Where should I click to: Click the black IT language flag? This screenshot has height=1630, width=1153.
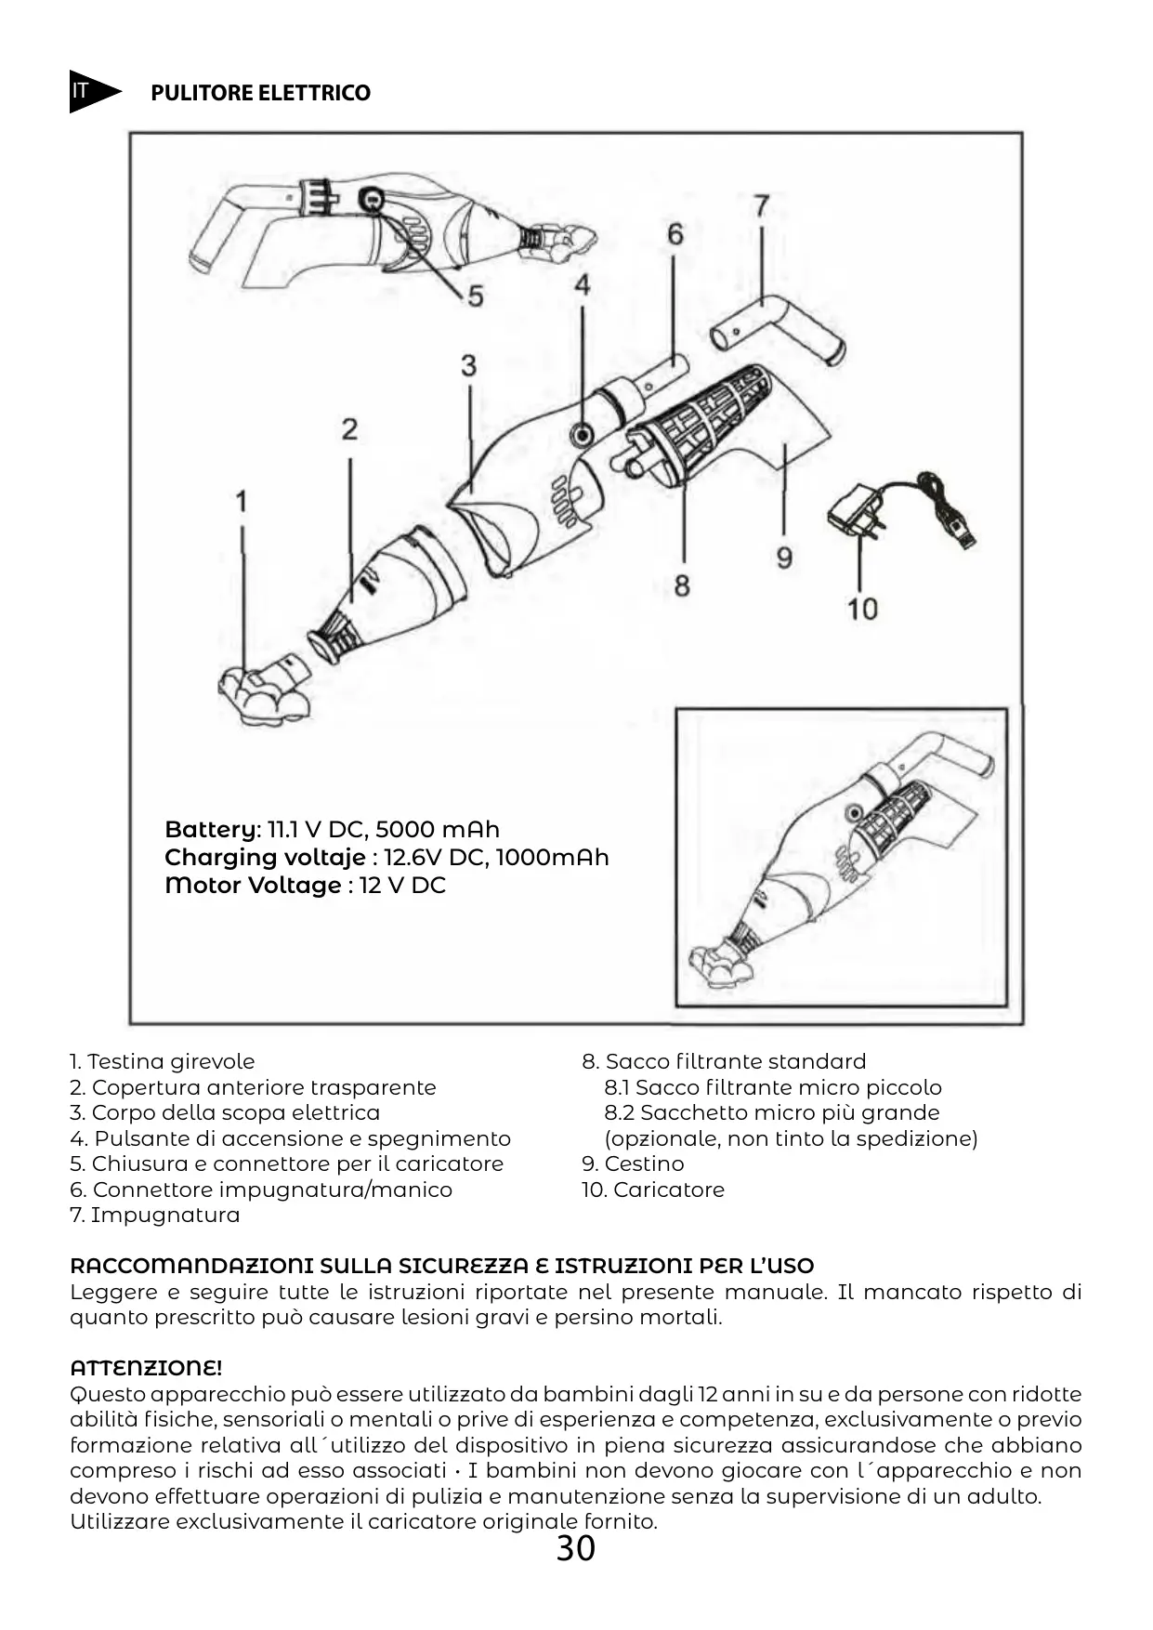91,91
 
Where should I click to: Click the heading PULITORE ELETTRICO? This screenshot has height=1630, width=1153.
260,93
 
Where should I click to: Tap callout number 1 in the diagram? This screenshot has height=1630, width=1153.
242,502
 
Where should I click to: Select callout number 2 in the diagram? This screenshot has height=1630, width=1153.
349,429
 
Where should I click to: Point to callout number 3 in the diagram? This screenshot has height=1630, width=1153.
469,365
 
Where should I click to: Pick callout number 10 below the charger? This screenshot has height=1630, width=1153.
862,609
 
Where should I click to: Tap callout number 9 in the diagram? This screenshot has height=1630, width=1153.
784,558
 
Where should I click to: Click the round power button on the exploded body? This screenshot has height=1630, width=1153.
583,433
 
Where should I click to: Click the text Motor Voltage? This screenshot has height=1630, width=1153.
253,885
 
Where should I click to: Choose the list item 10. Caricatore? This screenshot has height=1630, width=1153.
652,1190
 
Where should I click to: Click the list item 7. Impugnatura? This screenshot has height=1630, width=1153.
154,1215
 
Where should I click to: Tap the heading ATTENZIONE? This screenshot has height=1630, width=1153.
146,1368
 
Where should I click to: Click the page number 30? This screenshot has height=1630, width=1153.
575,1548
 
